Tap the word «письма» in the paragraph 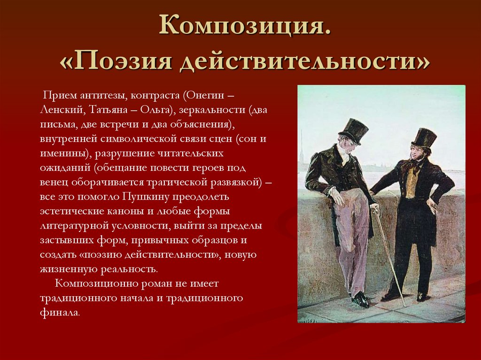coord(54,124)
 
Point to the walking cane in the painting coord(389,256)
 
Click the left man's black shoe coord(361,299)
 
